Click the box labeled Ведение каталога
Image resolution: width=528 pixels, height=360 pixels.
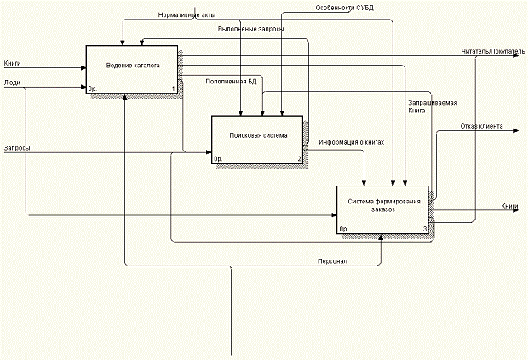pos(132,68)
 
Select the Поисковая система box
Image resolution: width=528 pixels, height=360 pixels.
pos(257,139)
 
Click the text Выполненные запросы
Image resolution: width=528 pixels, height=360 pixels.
pos(250,29)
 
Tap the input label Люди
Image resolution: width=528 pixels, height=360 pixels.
pos(12,83)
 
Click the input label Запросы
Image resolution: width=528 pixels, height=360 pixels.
pos(17,147)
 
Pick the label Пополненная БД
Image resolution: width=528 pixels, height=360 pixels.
pos(231,82)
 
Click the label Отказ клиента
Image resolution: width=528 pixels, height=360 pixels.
pos(481,127)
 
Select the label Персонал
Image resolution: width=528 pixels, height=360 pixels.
pos(332,260)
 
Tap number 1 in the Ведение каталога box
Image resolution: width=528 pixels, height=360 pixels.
pos(173,89)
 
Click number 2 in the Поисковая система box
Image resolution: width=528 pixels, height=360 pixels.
pos(299,159)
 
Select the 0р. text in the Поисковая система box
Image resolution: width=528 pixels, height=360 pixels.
pos(218,159)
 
